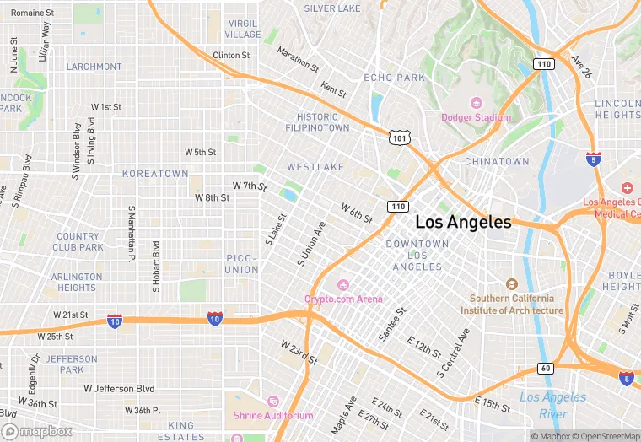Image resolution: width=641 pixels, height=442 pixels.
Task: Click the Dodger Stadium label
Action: (477, 117)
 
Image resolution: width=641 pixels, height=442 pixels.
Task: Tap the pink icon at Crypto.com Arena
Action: (342, 284)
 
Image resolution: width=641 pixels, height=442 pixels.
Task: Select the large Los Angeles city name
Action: (463, 223)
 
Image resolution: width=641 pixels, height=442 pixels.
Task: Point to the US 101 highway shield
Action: (399, 136)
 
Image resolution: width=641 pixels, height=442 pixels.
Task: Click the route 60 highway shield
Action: (546, 368)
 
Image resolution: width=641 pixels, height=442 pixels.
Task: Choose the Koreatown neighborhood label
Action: (155, 173)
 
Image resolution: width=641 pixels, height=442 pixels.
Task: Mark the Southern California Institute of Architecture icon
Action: (511, 284)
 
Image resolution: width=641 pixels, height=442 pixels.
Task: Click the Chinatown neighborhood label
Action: (497, 161)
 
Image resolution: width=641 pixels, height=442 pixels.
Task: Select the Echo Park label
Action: (394, 78)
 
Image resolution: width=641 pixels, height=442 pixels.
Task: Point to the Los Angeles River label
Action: (552, 405)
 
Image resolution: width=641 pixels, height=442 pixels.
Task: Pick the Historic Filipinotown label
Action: (323, 122)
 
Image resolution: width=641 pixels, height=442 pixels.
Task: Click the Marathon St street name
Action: (297, 59)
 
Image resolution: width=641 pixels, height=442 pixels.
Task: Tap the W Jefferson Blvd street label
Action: (119, 388)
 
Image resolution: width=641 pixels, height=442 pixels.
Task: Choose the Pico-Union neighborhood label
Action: (242, 263)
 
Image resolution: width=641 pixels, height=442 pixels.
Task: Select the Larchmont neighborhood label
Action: (94, 67)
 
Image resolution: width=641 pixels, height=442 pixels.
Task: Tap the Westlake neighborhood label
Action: (315, 167)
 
